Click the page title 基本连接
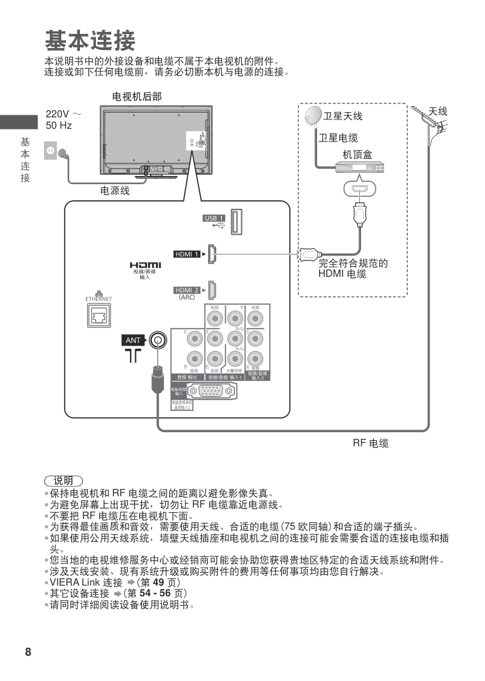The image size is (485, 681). click(89, 41)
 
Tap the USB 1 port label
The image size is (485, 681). click(214, 219)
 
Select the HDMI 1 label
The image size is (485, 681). click(187, 254)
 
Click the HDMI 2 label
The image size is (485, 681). click(187, 290)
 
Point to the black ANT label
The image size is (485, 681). click(133, 340)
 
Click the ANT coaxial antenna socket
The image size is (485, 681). click(157, 340)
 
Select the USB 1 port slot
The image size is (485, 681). click(237, 221)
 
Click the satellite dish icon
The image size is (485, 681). click(312, 117)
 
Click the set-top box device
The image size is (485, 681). click(360, 167)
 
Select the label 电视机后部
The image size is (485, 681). click(137, 97)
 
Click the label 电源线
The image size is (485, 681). click(115, 191)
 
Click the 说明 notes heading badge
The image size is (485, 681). click(63, 480)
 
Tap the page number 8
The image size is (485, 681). click(28, 652)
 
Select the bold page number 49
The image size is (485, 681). click(159, 582)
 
